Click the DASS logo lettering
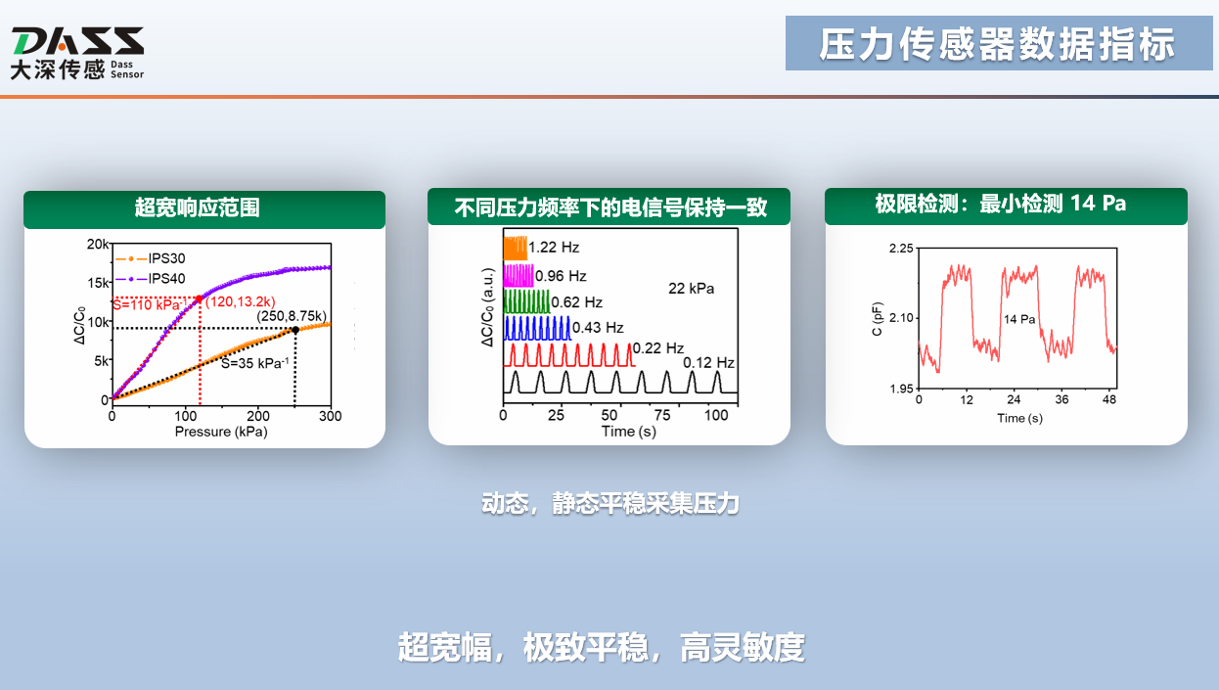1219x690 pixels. pos(78,41)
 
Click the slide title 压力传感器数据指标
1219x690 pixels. pos(997,44)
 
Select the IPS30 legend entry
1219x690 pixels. pos(151,258)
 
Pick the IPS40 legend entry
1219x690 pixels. pos(151,278)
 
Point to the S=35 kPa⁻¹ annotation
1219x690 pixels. pos(254,363)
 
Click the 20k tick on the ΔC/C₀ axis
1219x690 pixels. pos(98,244)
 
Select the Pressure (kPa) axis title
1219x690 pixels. pos(221,432)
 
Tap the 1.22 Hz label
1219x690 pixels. pos(554,248)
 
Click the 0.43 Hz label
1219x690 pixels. pos(598,327)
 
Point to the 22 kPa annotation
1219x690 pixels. pos(691,288)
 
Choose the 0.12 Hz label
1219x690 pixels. pos(708,363)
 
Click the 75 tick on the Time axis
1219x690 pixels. pos(662,416)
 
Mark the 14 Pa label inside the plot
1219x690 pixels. pos(1019,319)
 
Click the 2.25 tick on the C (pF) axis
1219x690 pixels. pos(901,249)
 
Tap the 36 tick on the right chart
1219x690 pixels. pos(1061,399)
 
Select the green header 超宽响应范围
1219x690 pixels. pos(197,207)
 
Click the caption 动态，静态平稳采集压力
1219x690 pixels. pos(610,503)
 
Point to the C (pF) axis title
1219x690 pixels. pos(878,319)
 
